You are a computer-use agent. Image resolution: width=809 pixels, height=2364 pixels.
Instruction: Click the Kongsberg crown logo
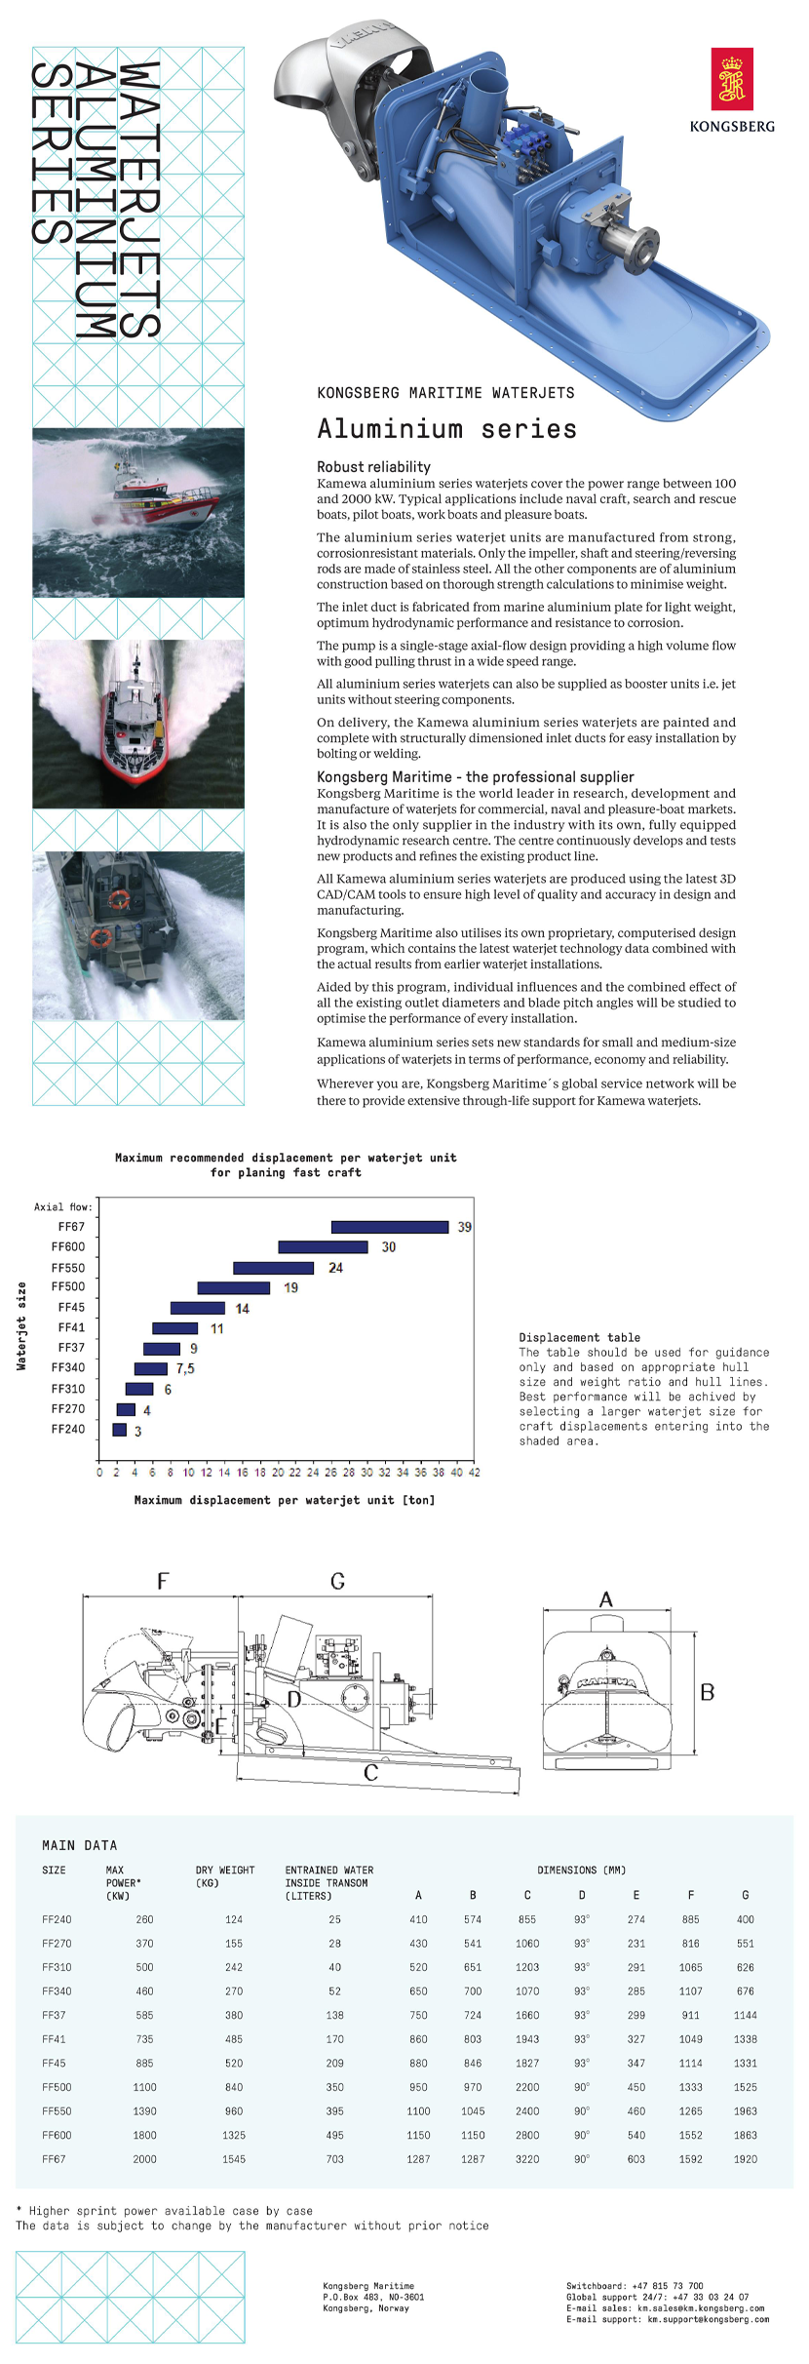(732, 81)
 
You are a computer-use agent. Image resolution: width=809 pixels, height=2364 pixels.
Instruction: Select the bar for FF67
(390, 1227)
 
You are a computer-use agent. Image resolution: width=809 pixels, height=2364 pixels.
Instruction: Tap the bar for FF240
(120, 1430)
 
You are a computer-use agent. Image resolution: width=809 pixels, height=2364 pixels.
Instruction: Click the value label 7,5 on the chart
(185, 1368)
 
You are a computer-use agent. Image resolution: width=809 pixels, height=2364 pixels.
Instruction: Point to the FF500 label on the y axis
(68, 1286)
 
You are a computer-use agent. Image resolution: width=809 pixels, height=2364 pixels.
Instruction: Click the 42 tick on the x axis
(475, 1473)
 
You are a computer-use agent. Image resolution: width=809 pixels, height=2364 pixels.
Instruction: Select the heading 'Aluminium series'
(446, 429)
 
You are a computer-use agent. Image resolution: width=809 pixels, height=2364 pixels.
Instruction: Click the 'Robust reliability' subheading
(373, 467)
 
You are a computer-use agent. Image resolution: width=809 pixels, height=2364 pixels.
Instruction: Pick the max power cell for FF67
(144, 2159)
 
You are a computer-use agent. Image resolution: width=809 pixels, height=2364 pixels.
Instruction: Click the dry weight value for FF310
(234, 1967)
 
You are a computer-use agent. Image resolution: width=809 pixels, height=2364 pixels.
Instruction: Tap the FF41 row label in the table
(54, 2039)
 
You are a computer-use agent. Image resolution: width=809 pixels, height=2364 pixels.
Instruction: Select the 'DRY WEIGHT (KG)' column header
(224, 1876)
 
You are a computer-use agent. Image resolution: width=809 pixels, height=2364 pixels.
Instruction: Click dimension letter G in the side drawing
(337, 1581)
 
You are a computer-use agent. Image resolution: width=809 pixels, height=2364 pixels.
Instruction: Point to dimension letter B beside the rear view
(708, 1692)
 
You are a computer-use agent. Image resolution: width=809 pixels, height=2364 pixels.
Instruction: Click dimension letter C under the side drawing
(370, 1772)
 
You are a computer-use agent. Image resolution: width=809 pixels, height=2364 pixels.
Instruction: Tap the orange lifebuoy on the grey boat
(118, 900)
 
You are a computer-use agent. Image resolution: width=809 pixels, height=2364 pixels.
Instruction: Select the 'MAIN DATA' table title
(79, 1845)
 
